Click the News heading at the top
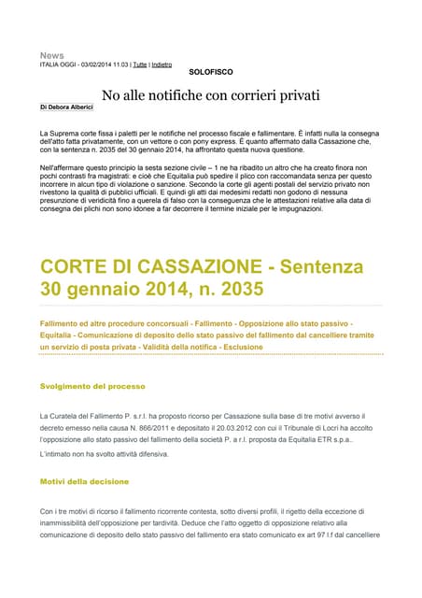[x=52, y=55]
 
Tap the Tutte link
[x=140, y=64]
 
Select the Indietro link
[x=162, y=64]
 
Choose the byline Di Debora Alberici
[x=66, y=108]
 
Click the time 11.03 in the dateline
[x=118, y=64]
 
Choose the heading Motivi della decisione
[x=84, y=482]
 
